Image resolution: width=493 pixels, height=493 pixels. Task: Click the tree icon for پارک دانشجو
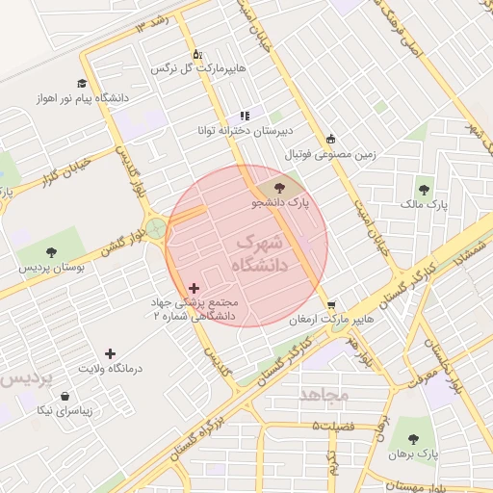[279, 188]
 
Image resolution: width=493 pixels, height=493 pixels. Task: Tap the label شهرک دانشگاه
[260, 253]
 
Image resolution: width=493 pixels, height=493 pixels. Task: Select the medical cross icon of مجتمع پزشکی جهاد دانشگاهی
[195, 288]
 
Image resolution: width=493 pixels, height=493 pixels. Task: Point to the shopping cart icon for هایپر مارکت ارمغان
[331, 304]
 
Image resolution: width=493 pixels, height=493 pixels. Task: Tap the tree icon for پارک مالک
[425, 189]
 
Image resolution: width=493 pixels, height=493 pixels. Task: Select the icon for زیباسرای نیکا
[65, 395]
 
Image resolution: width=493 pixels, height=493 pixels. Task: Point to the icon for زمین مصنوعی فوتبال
[331, 138]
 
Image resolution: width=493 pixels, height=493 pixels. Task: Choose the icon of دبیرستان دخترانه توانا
[245, 115]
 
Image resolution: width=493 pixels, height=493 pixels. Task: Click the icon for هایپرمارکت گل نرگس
[197, 54]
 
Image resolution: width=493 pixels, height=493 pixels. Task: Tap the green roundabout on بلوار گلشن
[156, 229]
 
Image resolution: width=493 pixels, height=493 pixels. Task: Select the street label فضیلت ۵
[333, 426]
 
